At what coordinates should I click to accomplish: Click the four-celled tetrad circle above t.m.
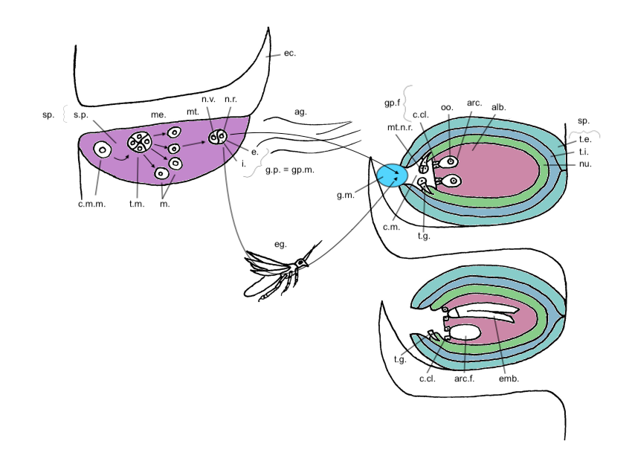click(x=140, y=141)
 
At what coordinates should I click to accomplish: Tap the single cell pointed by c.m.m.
click(x=102, y=150)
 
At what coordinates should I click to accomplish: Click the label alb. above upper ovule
click(x=498, y=107)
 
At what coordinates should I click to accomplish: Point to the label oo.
click(x=447, y=107)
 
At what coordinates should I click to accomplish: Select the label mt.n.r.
click(x=400, y=128)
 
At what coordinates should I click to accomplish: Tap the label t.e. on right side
click(x=585, y=139)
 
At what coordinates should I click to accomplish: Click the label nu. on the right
click(x=586, y=164)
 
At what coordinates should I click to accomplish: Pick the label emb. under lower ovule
click(x=510, y=379)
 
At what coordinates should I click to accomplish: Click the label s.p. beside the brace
click(x=81, y=115)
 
